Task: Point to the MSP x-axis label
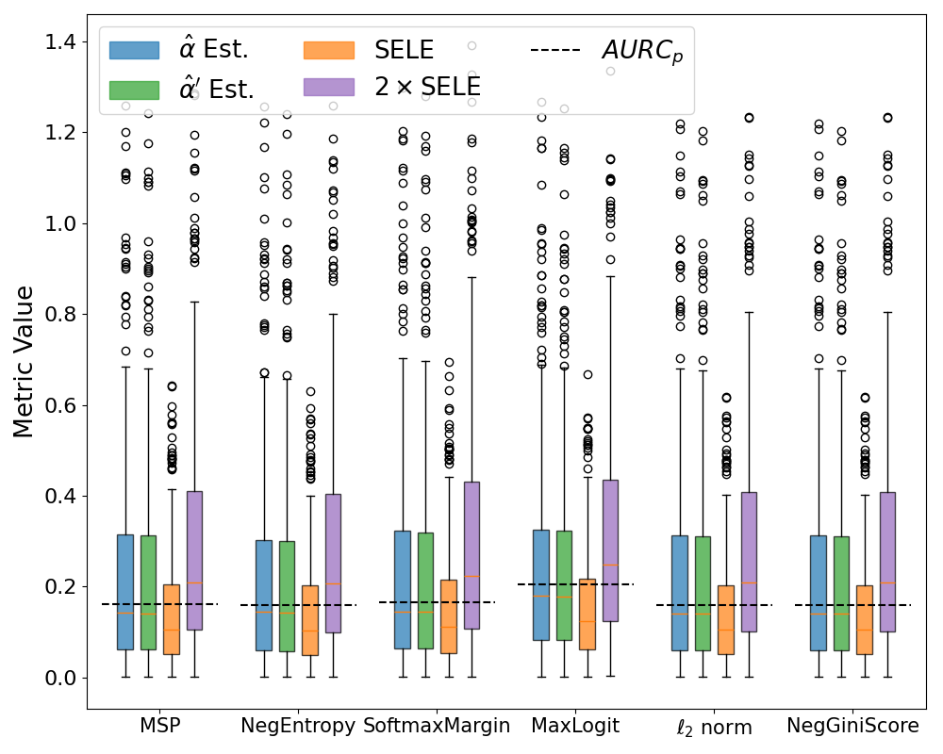click(x=159, y=726)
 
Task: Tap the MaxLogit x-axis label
click(x=575, y=726)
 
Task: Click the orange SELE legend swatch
click(x=329, y=50)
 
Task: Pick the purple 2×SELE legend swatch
click(x=329, y=87)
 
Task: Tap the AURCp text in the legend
click(x=642, y=51)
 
